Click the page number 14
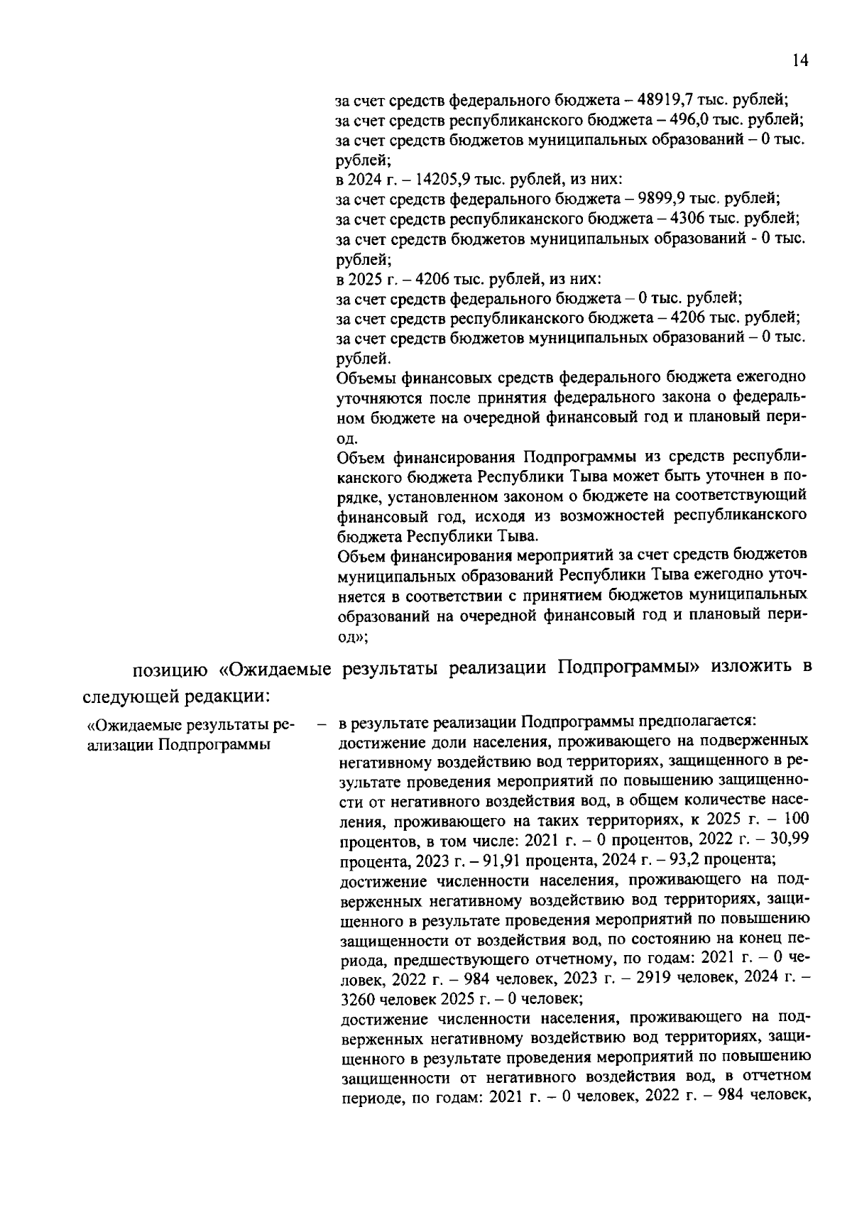click(799, 61)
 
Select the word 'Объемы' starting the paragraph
click(366, 376)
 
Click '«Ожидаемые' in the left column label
click(135, 725)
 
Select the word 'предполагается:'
click(704, 722)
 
